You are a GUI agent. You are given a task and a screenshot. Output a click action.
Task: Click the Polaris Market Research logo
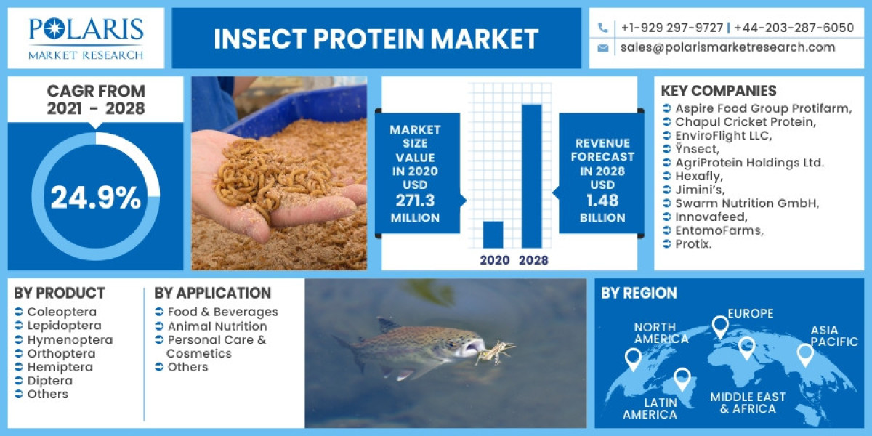pyautogui.click(x=86, y=38)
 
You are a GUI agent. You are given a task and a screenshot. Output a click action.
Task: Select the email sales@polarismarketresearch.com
pyautogui.click(x=727, y=47)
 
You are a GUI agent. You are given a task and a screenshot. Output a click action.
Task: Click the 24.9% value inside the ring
pyautogui.click(x=95, y=198)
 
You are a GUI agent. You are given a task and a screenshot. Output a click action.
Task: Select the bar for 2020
pyautogui.click(x=493, y=234)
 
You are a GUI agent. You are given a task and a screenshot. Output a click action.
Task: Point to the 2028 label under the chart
pyautogui.click(x=533, y=260)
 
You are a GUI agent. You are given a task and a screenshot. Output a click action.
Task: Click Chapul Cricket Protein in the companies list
pyautogui.click(x=745, y=122)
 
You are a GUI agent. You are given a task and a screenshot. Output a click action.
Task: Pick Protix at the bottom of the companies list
pyautogui.click(x=694, y=244)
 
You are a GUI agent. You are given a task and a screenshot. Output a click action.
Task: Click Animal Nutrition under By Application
pyautogui.click(x=217, y=326)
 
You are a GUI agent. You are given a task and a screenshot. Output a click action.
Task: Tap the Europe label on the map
pyautogui.click(x=751, y=314)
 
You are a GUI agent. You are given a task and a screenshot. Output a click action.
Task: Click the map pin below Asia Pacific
pyautogui.click(x=804, y=355)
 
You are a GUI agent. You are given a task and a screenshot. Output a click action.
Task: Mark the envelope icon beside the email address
pyautogui.click(x=602, y=48)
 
